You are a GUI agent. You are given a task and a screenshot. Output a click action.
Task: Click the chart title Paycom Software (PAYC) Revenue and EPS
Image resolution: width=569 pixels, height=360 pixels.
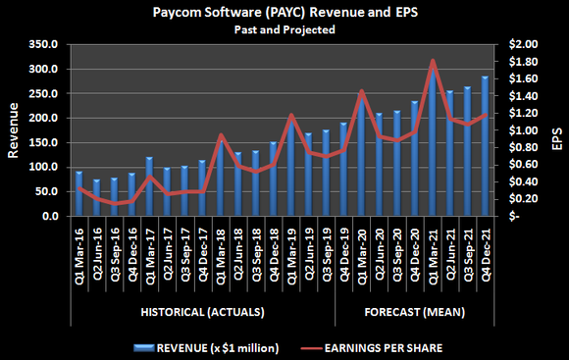point(284,14)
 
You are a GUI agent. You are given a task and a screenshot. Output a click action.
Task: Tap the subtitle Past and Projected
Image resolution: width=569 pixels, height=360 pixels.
point(284,30)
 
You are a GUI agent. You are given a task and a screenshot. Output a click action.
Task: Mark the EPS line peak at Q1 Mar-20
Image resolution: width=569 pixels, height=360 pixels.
point(362,91)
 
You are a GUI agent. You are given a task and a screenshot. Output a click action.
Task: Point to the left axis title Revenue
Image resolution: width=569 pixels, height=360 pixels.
point(14,130)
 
